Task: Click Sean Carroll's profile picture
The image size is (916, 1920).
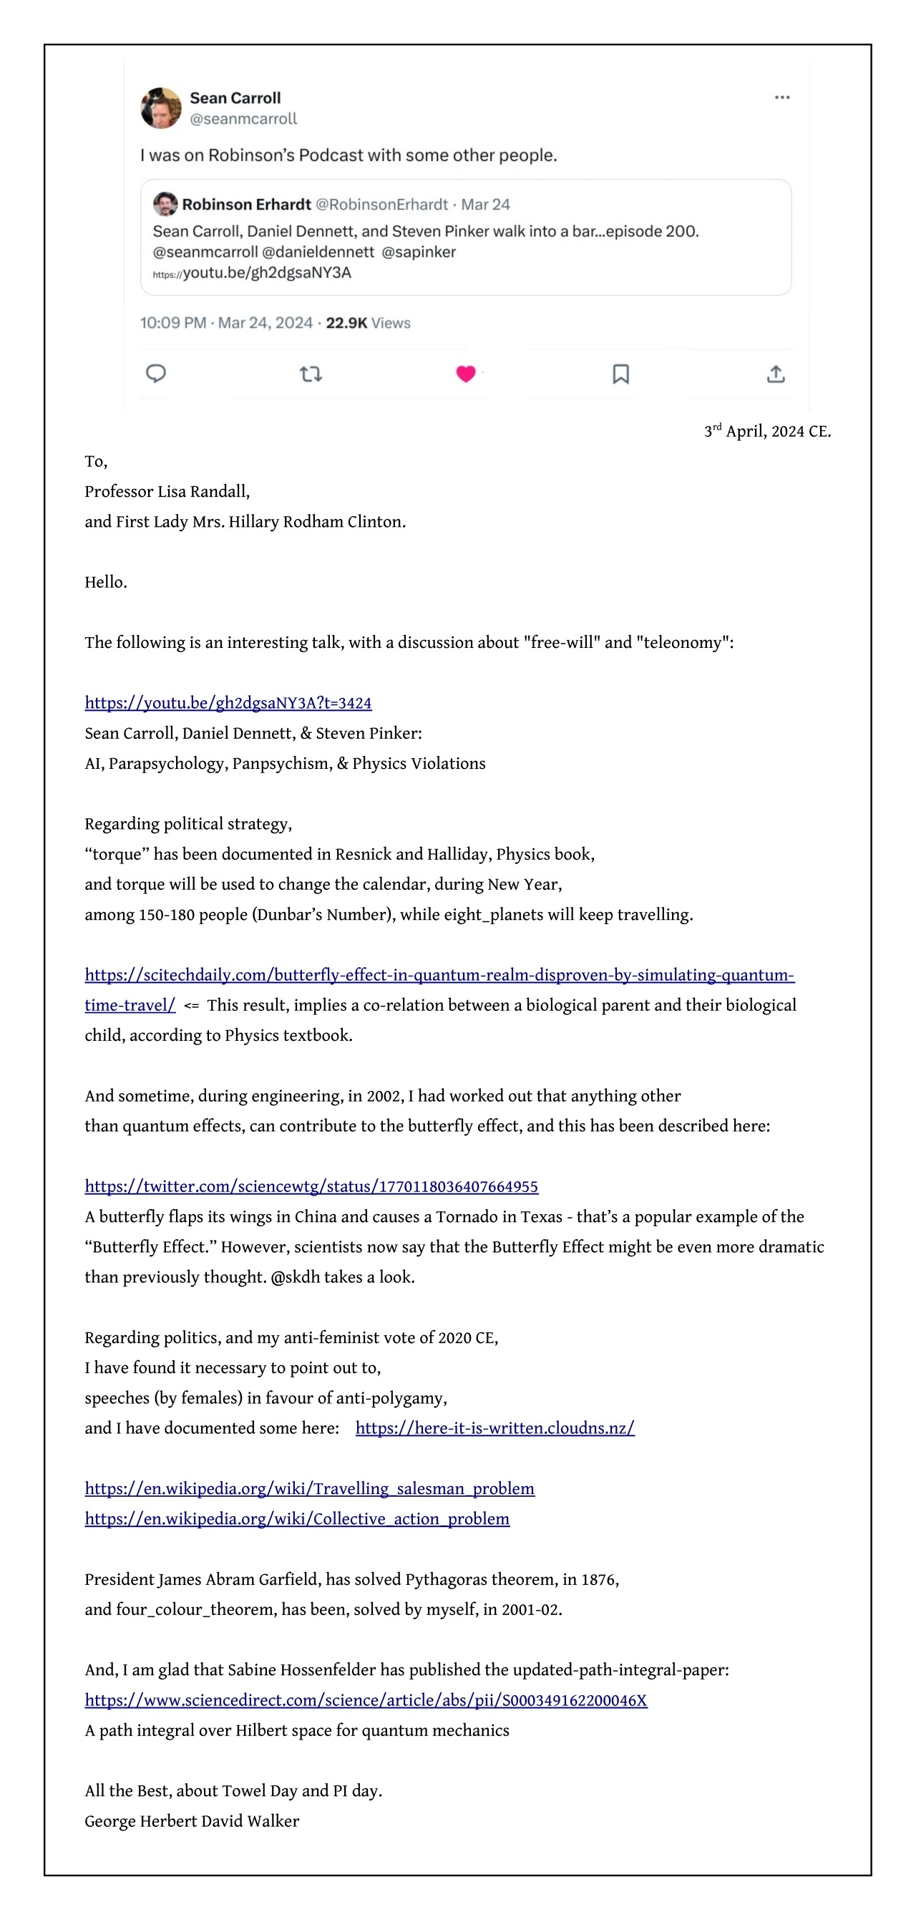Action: pyautogui.click(x=160, y=108)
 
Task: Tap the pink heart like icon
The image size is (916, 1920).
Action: pyautogui.click(x=465, y=374)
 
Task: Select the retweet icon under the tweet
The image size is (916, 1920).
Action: pyautogui.click(x=310, y=374)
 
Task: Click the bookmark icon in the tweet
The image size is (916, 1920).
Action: pyautogui.click(x=620, y=374)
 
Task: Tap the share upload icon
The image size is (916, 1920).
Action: pyautogui.click(x=775, y=374)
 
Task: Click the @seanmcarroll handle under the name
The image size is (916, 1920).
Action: pyautogui.click(x=243, y=119)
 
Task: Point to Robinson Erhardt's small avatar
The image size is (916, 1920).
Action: pyautogui.click(x=165, y=203)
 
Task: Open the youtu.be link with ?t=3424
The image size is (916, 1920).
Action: pyautogui.click(x=228, y=702)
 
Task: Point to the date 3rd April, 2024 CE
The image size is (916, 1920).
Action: pyautogui.click(x=767, y=431)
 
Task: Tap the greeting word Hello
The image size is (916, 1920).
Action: pyautogui.click(x=105, y=581)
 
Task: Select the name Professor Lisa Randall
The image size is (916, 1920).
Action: pyautogui.click(x=167, y=491)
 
